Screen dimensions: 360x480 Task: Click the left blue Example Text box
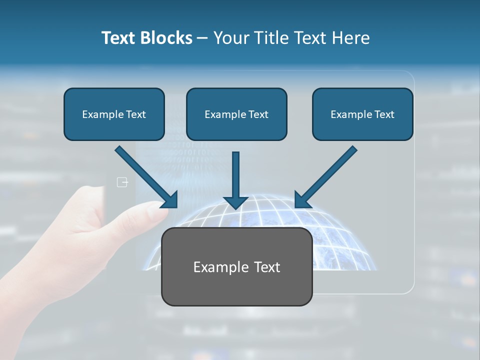point(114,114)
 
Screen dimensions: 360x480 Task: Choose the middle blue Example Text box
point(236,114)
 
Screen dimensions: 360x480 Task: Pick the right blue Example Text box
point(362,114)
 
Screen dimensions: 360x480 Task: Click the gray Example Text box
point(236,267)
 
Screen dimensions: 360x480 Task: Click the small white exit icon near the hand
point(122,182)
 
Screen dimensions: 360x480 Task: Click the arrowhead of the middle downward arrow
point(235,202)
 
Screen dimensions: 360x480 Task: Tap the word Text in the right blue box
point(384,114)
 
